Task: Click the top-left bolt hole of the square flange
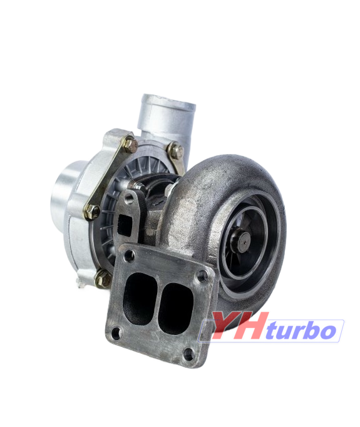128,256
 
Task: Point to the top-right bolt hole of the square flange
202,276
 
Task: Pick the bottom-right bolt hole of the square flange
188,354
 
